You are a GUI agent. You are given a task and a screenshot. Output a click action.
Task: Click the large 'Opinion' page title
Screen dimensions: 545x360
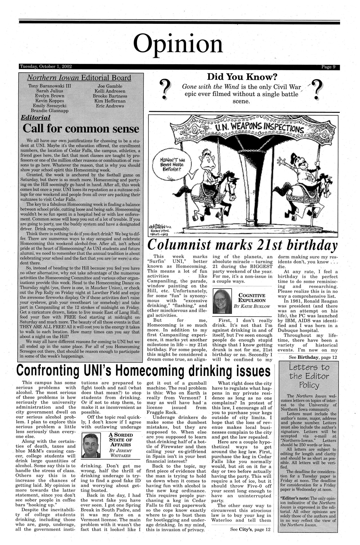[178, 44]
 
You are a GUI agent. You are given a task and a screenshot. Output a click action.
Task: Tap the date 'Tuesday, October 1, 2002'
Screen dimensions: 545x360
[46, 67]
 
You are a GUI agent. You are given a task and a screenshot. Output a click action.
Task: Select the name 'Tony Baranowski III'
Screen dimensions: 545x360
[50, 86]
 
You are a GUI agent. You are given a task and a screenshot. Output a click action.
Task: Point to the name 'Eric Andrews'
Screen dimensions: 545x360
[110, 106]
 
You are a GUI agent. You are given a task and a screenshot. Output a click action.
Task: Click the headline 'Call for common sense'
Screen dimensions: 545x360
[81, 129]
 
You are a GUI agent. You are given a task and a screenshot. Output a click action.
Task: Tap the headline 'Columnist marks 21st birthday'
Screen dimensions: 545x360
[243, 245]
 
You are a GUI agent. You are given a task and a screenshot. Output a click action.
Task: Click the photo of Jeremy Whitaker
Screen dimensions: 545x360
[92, 445]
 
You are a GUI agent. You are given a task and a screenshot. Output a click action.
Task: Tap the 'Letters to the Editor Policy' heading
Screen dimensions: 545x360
[309, 376]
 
